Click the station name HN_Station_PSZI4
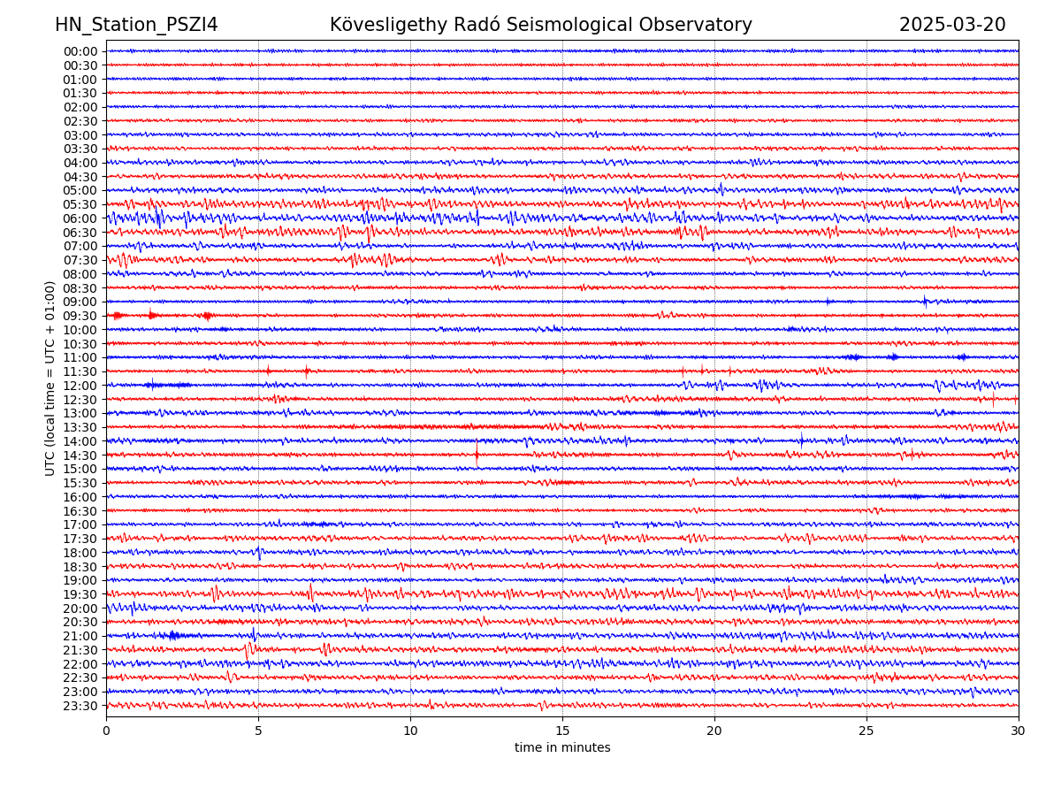[136, 25]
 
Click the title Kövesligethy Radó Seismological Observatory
[540, 25]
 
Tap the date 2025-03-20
[952, 25]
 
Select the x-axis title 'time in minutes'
[562, 747]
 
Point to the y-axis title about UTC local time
[50, 378]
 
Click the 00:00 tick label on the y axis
[80, 51]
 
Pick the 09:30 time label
[80, 316]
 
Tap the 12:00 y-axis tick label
[80, 386]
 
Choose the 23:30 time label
[80, 706]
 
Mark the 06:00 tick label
[80, 218]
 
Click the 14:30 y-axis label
[80, 455]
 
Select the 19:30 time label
[80, 594]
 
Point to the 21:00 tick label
[80, 636]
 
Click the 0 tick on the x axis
[106, 731]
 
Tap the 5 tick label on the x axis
[258, 731]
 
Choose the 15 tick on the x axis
[562, 731]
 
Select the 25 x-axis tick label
[866, 731]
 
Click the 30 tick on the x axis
[1019, 731]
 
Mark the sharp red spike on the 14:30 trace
[477, 455]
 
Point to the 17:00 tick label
[80, 524]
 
